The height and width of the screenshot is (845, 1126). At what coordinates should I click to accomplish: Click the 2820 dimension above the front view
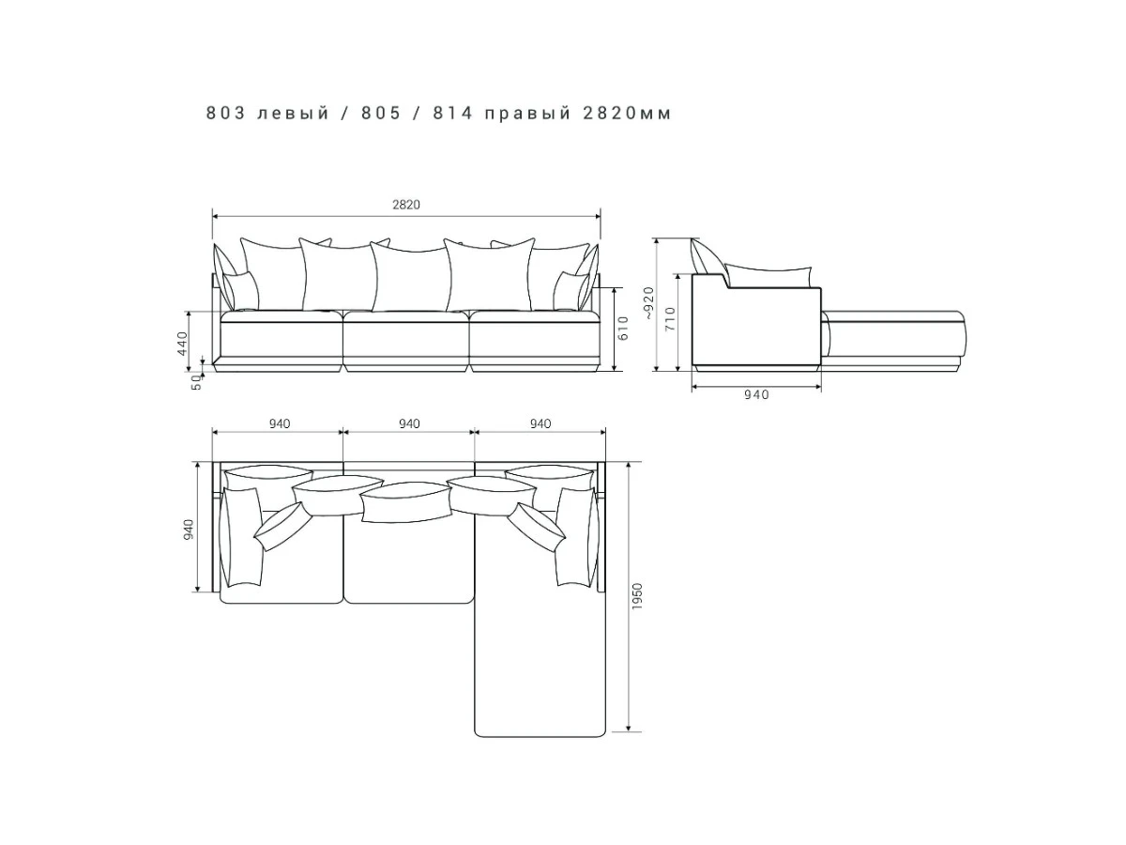pos(405,205)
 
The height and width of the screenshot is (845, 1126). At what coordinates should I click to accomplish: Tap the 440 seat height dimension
pos(183,344)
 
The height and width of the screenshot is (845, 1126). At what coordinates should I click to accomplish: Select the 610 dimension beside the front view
pos(623,328)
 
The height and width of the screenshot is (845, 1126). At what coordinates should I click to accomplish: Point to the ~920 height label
pos(649,303)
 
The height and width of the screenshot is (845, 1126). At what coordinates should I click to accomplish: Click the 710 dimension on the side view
pos(671,318)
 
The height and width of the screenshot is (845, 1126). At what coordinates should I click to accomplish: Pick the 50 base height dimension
pos(196,382)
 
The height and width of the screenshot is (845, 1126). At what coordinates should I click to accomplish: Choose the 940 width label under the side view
pos(756,394)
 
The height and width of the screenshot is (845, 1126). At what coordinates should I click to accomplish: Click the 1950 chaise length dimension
pos(637,596)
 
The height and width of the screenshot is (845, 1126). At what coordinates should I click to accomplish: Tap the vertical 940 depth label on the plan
pos(189,530)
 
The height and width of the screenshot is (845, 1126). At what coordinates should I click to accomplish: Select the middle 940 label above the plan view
pos(409,423)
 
